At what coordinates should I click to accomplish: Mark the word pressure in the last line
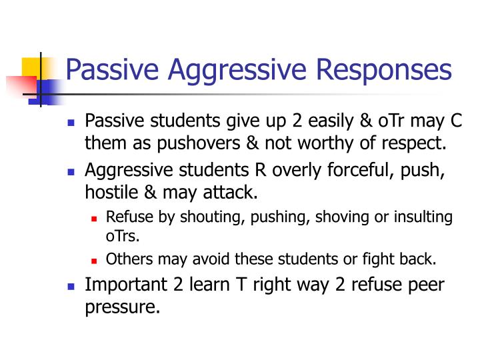(x=123, y=308)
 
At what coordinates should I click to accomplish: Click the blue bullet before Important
(x=73, y=287)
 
